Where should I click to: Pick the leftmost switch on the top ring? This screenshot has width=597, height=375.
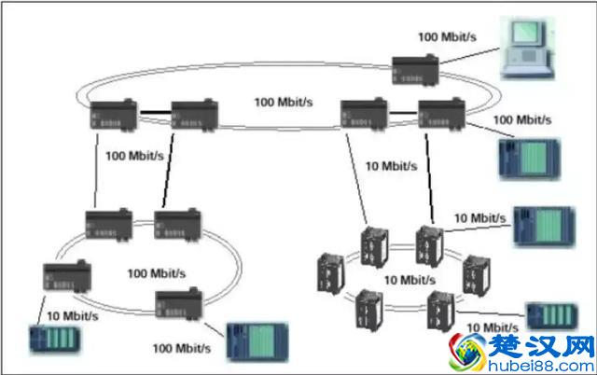(x=114, y=115)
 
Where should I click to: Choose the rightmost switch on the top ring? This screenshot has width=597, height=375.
(x=440, y=114)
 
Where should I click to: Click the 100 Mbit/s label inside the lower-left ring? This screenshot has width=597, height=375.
(x=156, y=273)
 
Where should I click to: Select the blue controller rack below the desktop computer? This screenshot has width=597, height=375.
(x=528, y=156)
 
